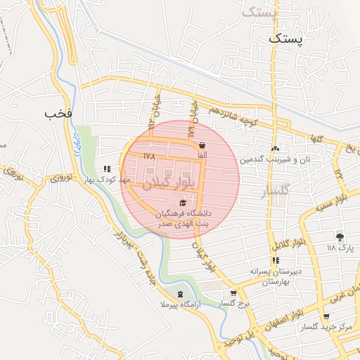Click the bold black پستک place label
(x=288, y=40)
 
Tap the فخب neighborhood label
(x=58, y=113)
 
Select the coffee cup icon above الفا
(x=202, y=145)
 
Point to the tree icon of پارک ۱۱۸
(x=340, y=237)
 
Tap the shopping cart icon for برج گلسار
(x=233, y=293)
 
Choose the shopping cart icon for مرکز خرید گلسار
(x=326, y=317)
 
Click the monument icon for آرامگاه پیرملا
(x=181, y=293)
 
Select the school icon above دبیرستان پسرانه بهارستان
(x=275, y=260)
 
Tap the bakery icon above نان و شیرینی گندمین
(x=275, y=149)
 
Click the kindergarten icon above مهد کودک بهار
(x=106, y=169)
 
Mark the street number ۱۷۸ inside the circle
(x=148, y=155)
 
